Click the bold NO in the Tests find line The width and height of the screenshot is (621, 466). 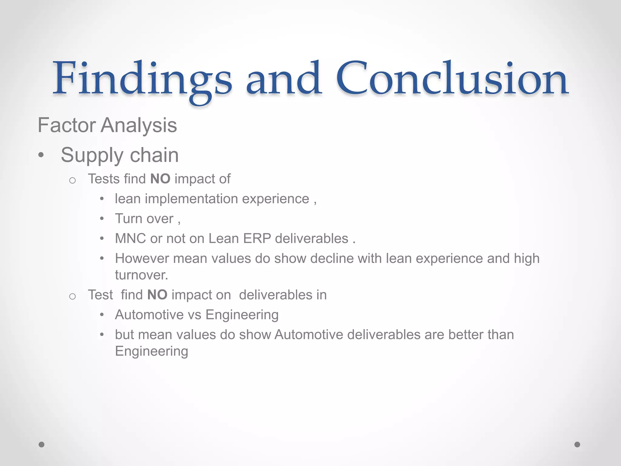160,179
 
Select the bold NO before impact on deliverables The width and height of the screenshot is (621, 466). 157,295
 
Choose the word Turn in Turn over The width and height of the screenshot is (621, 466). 128,219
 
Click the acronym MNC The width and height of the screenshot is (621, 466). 130,239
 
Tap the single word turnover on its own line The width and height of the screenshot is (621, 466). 141,275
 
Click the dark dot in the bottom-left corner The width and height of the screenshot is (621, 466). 42,444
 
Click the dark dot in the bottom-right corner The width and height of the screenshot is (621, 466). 577,444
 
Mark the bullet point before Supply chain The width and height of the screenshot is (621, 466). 41,156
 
